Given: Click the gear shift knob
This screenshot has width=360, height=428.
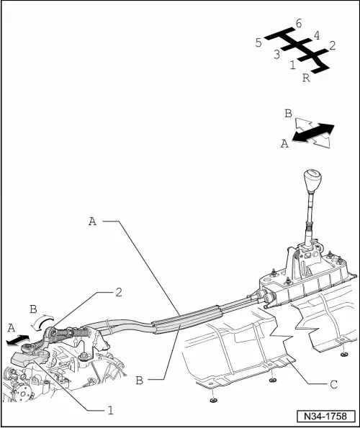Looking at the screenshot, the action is pos(312,181).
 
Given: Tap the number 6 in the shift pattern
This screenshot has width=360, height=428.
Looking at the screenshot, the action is pos(299,24).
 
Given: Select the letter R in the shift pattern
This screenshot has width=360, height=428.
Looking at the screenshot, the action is pos(306,78).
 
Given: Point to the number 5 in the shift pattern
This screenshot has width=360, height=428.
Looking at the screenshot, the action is pos(258,43).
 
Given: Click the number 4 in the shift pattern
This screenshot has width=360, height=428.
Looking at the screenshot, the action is pos(317,35).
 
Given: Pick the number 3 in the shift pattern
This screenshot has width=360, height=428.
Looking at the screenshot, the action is pos(277,55).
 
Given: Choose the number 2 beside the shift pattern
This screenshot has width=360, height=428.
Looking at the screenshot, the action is pos(332,45).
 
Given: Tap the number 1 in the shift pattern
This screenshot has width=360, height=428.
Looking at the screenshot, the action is pos(292,65).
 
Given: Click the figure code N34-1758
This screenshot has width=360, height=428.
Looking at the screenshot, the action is pos(326,416).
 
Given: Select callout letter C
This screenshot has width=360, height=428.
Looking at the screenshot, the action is pos(333,385).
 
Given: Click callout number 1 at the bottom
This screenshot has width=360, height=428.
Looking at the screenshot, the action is pos(110,410).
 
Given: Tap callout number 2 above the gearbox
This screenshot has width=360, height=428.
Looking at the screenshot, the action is pos(119,293).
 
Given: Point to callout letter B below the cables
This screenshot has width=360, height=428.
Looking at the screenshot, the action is pos(139,381).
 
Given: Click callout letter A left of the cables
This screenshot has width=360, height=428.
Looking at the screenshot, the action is pos(93,221).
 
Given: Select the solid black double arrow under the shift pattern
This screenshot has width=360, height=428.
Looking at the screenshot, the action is pos(313,132).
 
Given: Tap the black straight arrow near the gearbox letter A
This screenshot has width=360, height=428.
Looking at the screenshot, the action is pos(17,340).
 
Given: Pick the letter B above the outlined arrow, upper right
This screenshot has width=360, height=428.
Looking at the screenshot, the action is pos(288,113).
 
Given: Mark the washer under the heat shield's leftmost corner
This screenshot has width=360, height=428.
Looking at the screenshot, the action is pos(213,400).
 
